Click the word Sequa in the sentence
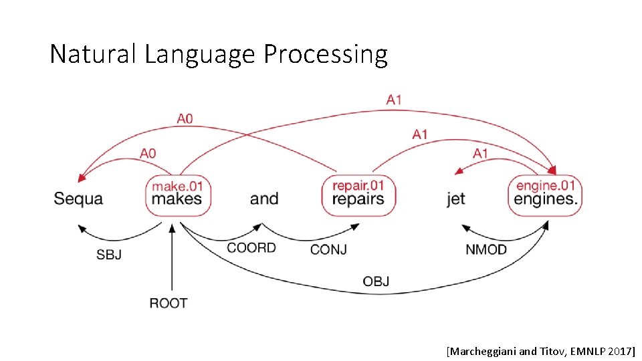point(78,199)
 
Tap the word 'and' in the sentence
point(264,199)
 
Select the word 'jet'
point(456,199)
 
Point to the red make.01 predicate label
point(177,185)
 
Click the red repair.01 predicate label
point(358,185)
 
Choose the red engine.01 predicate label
point(546,185)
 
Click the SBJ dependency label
point(109,255)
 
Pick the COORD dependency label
point(251,248)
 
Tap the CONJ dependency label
point(328,250)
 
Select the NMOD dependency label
point(486,250)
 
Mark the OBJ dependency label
point(376,281)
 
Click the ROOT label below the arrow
point(169,304)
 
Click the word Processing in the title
point(326,54)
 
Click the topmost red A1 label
point(394,100)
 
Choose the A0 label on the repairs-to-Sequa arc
point(185,118)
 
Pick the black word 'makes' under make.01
point(177,199)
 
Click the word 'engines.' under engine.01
point(546,199)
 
